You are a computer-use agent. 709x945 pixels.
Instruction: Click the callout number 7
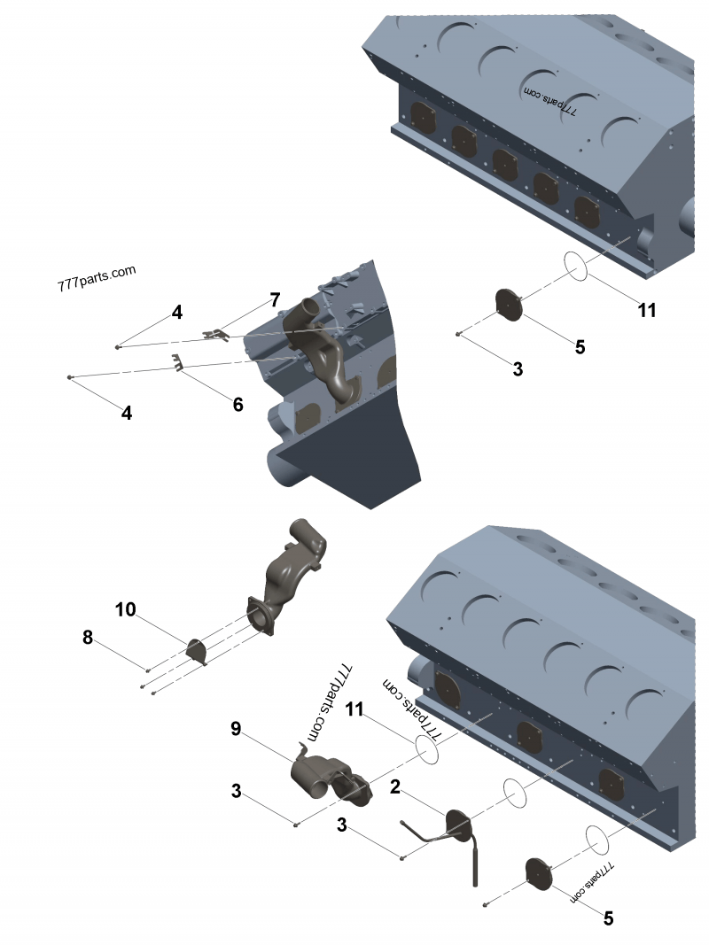[x=275, y=298]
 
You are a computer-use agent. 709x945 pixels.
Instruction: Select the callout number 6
[x=238, y=404]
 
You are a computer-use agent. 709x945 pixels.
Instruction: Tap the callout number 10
[x=125, y=609]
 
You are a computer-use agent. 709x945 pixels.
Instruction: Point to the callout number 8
[x=88, y=637]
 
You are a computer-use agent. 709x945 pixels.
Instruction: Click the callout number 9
[x=236, y=728]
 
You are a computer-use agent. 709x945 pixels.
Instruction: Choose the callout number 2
[x=395, y=785]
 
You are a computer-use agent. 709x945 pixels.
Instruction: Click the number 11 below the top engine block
[x=648, y=310]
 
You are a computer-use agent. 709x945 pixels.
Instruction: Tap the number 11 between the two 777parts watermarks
[x=354, y=709]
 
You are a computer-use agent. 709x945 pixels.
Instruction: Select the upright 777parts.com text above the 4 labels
[x=96, y=278]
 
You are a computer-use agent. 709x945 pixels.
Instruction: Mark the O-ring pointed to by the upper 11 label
[x=575, y=266]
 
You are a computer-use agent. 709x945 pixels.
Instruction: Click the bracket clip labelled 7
[x=216, y=334]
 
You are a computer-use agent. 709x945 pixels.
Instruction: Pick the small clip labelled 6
[x=180, y=363]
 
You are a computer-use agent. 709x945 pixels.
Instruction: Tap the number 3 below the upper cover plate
[x=518, y=369]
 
